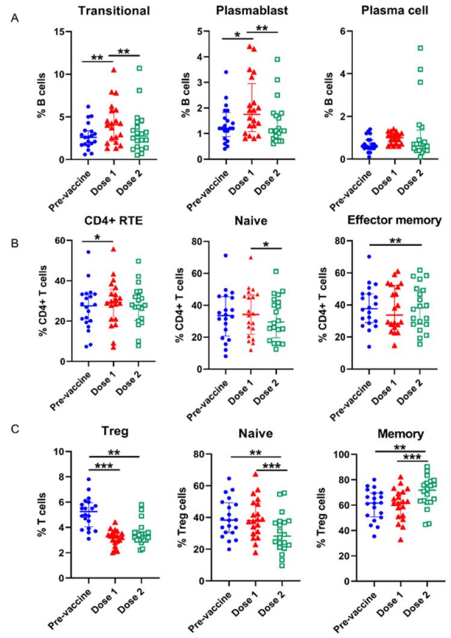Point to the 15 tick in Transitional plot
pos(60,31)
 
